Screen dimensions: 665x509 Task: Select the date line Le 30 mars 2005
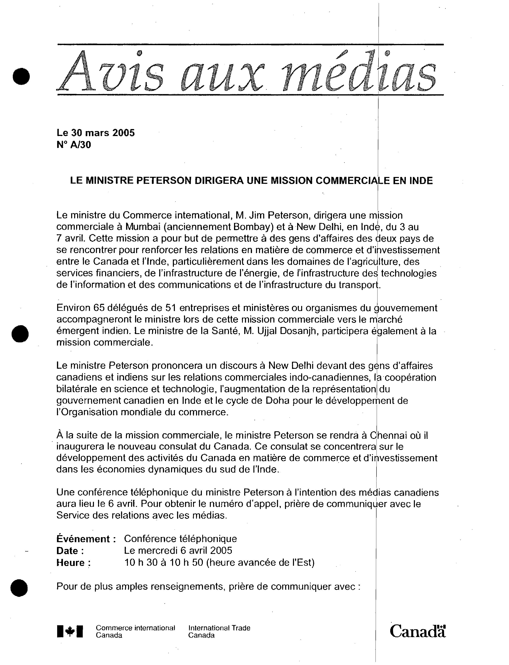pyautogui.click(x=96, y=133)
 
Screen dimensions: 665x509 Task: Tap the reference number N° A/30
pyautogui.click(x=74, y=145)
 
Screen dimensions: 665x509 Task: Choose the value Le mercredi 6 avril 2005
pyautogui.click(x=178, y=551)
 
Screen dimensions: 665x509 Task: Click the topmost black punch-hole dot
pyautogui.click(x=21, y=76)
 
